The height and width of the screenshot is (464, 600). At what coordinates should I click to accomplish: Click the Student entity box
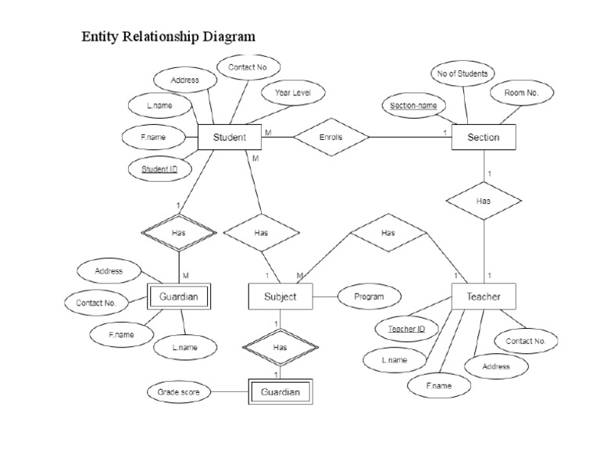coord(230,137)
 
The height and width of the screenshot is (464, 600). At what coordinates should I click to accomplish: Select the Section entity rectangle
coord(483,137)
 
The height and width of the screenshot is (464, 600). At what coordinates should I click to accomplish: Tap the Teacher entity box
coord(483,297)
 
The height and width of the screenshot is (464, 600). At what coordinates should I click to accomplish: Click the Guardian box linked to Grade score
coord(280,392)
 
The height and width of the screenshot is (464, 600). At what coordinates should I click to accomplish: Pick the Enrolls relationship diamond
coord(331,137)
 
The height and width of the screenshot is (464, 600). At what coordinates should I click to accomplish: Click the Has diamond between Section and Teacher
coord(483,201)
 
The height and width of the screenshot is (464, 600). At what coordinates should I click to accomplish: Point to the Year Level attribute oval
coord(293,93)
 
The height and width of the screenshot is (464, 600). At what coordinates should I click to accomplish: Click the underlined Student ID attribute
coord(159,168)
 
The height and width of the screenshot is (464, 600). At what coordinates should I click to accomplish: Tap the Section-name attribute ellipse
coord(414,105)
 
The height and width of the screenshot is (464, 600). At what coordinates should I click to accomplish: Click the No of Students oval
coord(462,74)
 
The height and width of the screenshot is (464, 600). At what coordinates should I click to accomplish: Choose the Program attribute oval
coord(368,297)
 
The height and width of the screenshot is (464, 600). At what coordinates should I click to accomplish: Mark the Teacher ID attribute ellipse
coord(406,329)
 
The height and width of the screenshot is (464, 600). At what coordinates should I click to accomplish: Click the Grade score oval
coord(178,392)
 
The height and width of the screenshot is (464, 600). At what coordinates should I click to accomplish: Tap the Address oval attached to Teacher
coord(496,366)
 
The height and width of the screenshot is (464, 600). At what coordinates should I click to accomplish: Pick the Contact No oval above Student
coord(248,68)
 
